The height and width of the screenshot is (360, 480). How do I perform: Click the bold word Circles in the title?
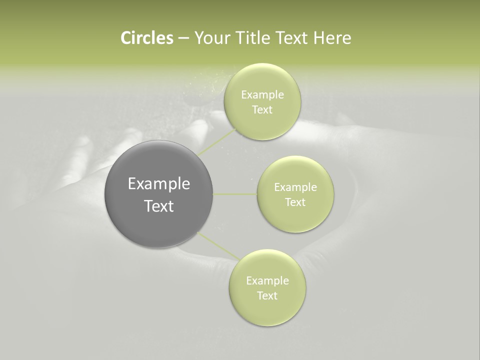click(x=146, y=38)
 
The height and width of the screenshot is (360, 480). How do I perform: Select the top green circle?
click(x=262, y=75)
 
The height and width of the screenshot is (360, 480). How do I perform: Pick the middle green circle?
click(x=295, y=170)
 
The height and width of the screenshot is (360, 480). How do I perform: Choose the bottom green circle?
click(x=267, y=310)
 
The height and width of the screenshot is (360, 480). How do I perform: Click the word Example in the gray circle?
click(x=159, y=184)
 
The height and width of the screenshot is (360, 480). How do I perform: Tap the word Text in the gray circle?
click(x=159, y=206)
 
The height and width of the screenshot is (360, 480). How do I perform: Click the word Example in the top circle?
click(x=262, y=94)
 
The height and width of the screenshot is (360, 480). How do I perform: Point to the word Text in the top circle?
click(x=262, y=109)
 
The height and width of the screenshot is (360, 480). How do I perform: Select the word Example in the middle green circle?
click(x=295, y=187)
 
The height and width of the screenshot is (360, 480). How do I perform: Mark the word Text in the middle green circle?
click(x=295, y=202)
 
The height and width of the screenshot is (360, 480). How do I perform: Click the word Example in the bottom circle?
click(x=267, y=280)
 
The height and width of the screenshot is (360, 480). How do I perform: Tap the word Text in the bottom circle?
click(x=267, y=295)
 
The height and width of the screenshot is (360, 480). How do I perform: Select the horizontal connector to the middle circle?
click(x=235, y=194)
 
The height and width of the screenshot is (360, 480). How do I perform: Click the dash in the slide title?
click(x=183, y=38)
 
